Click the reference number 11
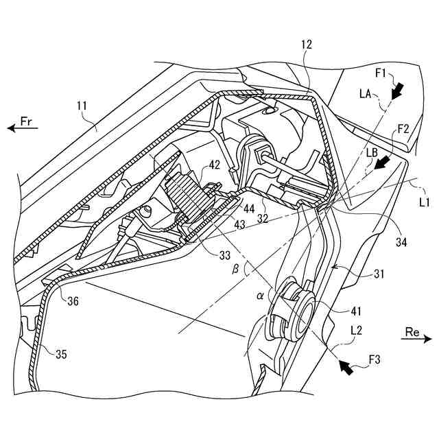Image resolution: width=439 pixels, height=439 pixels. pos(81,107)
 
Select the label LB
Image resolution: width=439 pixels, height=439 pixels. pos(372,151)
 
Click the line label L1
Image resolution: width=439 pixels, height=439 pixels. pos(423,201)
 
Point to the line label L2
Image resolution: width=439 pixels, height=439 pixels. pos(356,330)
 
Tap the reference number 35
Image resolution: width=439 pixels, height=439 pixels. pos(61,355)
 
